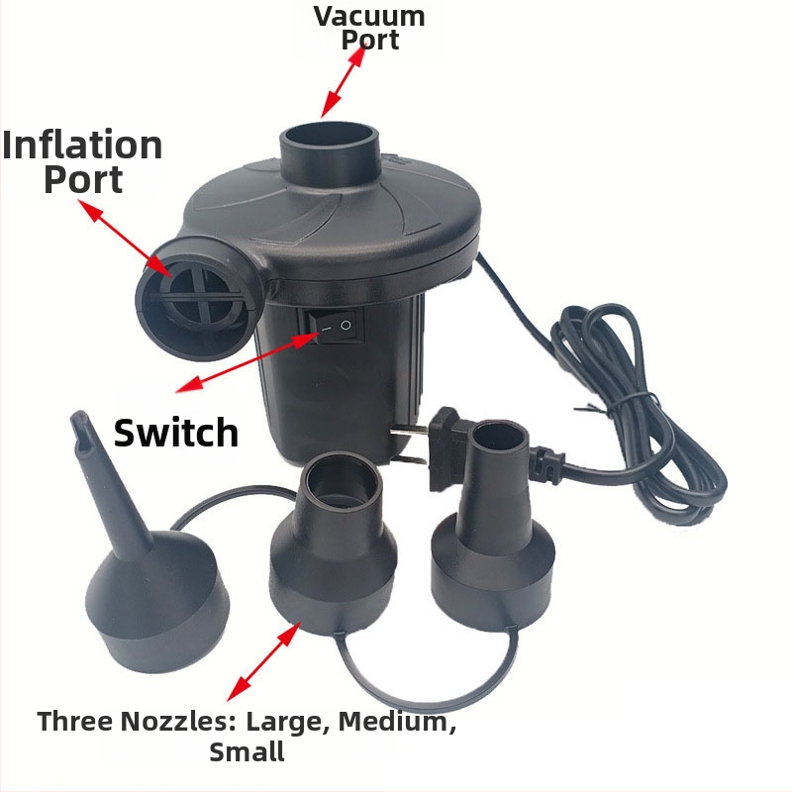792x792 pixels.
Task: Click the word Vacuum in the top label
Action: [x=369, y=16]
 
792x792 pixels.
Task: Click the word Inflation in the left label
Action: [x=82, y=145]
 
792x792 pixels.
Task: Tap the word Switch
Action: [x=176, y=433]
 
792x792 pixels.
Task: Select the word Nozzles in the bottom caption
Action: [x=178, y=721]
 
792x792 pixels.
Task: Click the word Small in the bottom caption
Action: [x=247, y=751]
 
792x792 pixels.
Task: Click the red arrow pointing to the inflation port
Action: [x=125, y=238]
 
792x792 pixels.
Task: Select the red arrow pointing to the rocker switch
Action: [x=247, y=361]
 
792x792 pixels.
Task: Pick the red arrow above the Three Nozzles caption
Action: [x=263, y=661]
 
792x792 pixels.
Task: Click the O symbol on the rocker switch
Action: [x=346, y=325]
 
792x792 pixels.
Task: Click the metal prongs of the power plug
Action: [x=408, y=445]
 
